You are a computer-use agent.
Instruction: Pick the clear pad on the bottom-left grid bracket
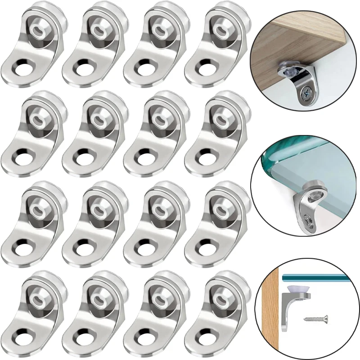tap(36, 297)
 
